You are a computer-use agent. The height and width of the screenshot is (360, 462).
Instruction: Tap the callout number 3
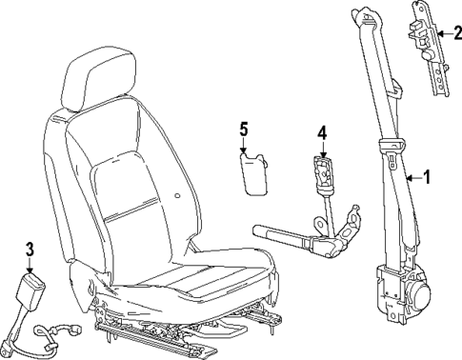click(30, 250)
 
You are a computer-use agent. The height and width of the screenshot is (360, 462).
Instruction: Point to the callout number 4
click(321, 133)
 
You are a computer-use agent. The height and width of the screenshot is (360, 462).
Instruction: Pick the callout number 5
click(244, 128)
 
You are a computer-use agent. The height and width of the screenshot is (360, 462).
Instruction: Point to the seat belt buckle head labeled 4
click(323, 173)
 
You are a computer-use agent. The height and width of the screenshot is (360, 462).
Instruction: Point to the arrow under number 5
click(244, 146)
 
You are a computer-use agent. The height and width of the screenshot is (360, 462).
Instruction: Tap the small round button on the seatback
click(179, 197)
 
